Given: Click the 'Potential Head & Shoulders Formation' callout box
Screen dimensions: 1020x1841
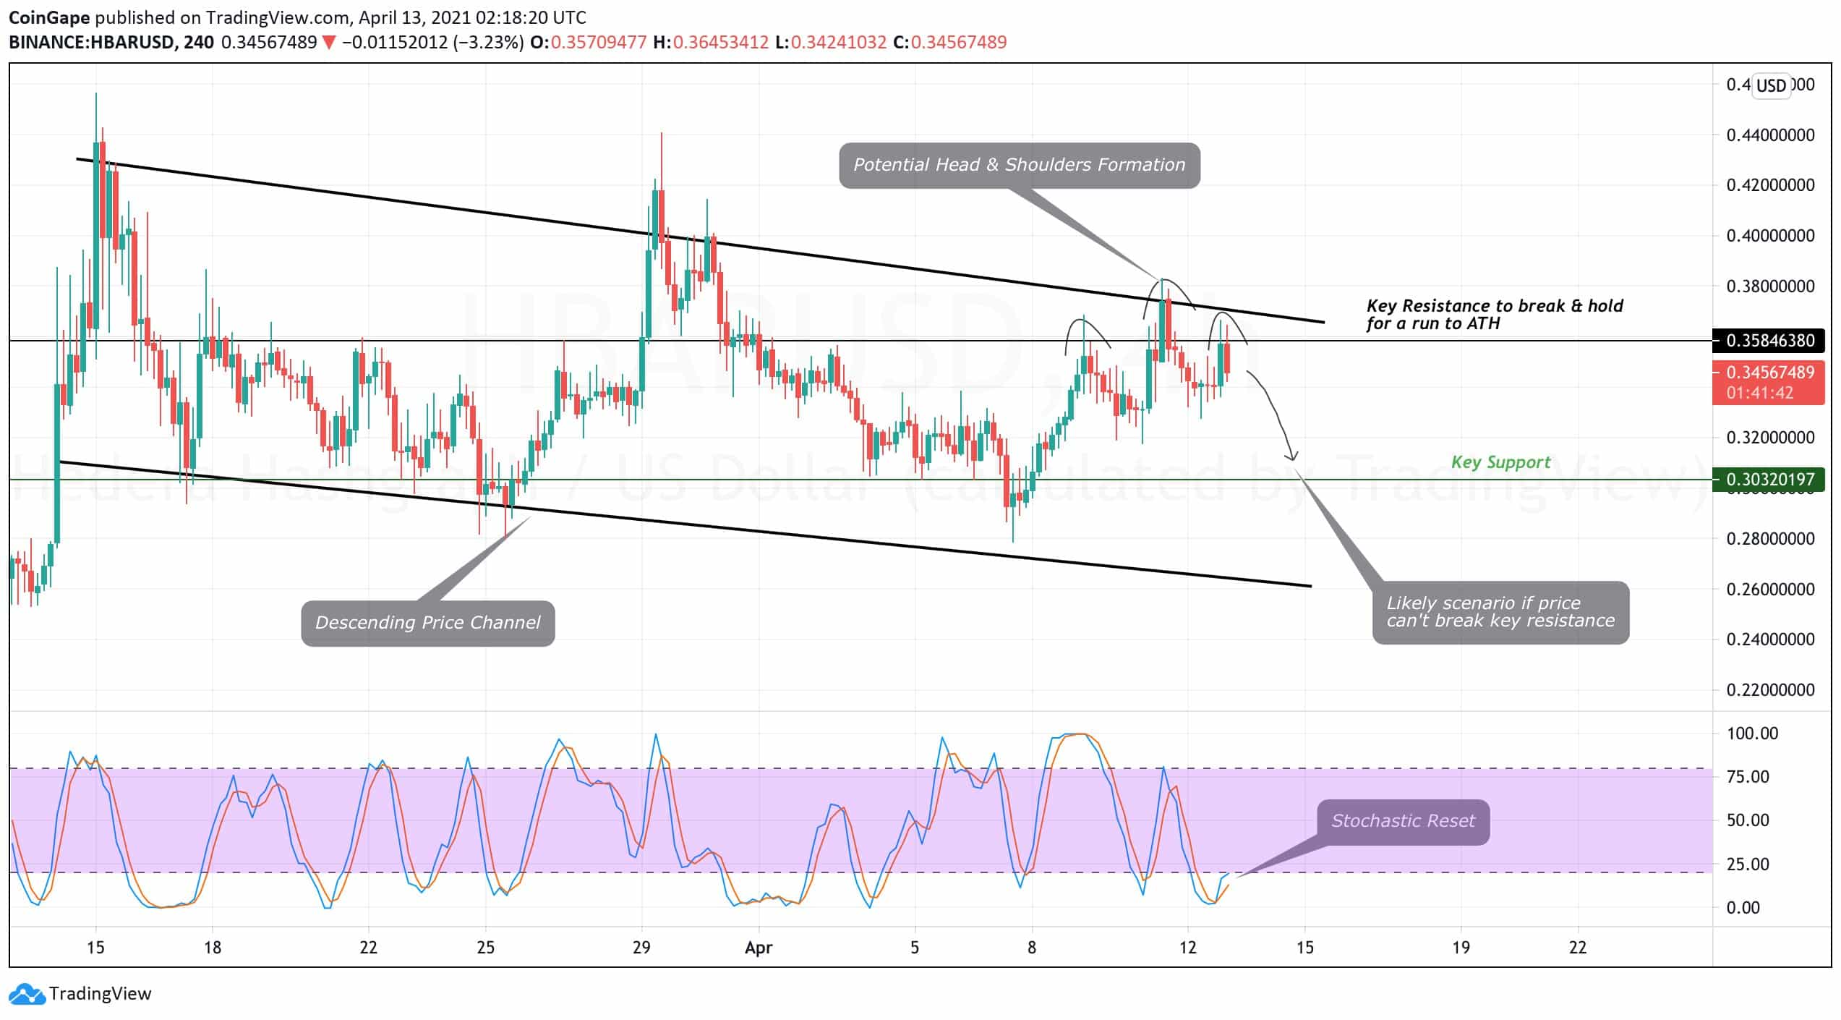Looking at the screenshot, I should point(1019,165).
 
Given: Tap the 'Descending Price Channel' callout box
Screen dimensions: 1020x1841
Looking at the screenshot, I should point(427,623).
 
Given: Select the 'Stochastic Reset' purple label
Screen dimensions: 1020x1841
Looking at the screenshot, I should point(1402,821).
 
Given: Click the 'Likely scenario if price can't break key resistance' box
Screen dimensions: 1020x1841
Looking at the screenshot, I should point(1500,612).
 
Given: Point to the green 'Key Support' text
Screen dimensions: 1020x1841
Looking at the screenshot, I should point(1500,462).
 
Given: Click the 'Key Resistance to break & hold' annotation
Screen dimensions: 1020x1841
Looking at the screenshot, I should point(1494,315).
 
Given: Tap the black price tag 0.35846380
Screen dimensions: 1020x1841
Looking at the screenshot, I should point(1769,340).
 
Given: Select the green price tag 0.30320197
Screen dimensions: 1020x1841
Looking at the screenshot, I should point(1769,479).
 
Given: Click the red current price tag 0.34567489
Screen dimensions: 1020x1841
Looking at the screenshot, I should point(1769,373).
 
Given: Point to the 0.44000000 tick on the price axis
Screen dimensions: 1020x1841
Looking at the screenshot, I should point(1769,135).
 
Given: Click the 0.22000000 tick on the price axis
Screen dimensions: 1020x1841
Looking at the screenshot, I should point(1769,689).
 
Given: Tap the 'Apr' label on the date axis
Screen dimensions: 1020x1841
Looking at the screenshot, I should point(759,947).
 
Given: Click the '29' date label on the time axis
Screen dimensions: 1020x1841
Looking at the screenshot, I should point(641,947).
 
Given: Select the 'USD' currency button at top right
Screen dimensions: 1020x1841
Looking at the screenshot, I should point(1771,86).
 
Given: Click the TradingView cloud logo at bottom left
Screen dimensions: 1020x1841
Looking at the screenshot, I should point(27,994).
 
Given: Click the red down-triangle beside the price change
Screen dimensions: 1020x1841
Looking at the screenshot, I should point(329,43).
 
